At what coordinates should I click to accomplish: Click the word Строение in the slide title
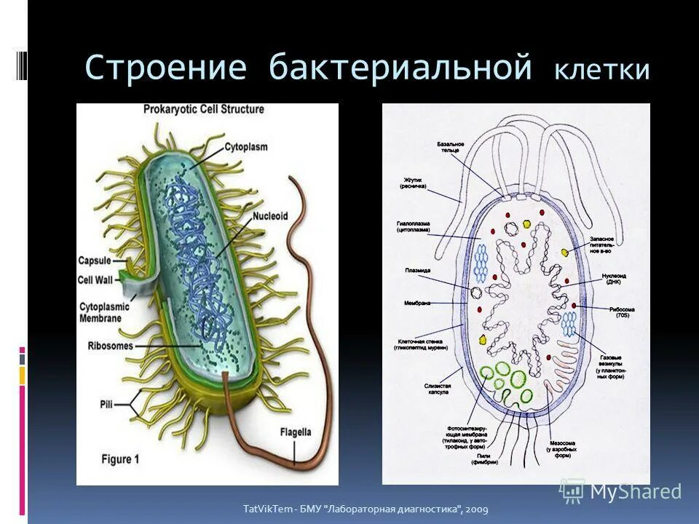(x=165, y=68)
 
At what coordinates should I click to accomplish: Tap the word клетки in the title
(x=601, y=71)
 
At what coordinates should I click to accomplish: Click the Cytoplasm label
(x=245, y=146)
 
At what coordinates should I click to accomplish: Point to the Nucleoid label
(x=271, y=216)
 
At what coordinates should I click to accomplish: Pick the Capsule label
(x=95, y=260)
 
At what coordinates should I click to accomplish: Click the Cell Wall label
(x=94, y=280)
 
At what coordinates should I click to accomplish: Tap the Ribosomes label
(x=110, y=346)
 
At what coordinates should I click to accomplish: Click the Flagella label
(x=295, y=432)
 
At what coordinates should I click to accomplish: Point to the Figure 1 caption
(x=111, y=459)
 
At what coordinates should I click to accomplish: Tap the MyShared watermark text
(x=636, y=491)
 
